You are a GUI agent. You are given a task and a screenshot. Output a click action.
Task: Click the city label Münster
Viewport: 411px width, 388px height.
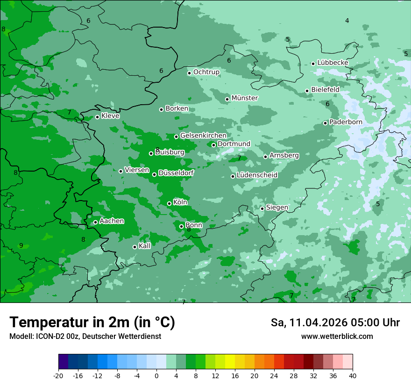pyautogui.click(x=244, y=98)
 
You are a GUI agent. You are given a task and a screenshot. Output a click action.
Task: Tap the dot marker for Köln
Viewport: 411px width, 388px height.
pyautogui.click(x=169, y=203)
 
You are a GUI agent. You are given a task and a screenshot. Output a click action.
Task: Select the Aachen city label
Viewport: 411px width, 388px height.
pyautogui.click(x=112, y=221)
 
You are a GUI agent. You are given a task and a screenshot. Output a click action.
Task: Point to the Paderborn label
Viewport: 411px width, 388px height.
pyautogui.click(x=346, y=122)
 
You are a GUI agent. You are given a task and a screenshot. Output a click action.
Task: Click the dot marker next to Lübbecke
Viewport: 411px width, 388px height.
pyautogui.click(x=313, y=64)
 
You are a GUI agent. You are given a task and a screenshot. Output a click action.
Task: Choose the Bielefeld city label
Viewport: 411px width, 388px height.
pyautogui.click(x=325, y=90)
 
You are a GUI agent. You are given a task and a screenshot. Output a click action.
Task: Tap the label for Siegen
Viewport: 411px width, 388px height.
pyautogui.click(x=277, y=208)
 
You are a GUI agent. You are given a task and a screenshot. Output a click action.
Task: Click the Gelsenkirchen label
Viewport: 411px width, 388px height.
pyautogui.click(x=203, y=136)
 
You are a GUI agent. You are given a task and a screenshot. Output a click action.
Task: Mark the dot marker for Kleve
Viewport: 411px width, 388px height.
pyautogui.click(x=97, y=117)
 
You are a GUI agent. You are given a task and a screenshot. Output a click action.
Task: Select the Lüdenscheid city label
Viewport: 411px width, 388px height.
pyautogui.click(x=257, y=175)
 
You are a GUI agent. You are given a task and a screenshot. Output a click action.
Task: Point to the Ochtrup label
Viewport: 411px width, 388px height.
pyautogui.click(x=206, y=72)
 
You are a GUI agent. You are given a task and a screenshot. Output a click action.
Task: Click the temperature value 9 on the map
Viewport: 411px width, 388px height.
pyautogui.click(x=21, y=245)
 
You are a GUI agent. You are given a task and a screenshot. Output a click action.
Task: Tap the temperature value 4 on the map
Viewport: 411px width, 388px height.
pyautogui.click(x=347, y=21)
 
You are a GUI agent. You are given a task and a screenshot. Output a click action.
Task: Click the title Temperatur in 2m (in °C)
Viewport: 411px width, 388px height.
pyautogui.click(x=92, y=323)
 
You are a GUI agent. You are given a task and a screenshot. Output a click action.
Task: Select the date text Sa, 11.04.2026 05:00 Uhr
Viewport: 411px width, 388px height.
pyautogui.click(x=335, y=323)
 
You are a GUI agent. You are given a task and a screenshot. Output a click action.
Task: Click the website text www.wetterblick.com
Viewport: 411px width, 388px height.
pyautogui.click(x=337, y=337)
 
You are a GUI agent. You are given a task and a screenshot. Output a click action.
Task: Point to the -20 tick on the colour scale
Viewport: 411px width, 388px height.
pyautogui.click(x=58, y=375)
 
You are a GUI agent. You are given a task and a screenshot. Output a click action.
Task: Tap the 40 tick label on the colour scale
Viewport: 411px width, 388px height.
pyautogui.click(x=352, y=375)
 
